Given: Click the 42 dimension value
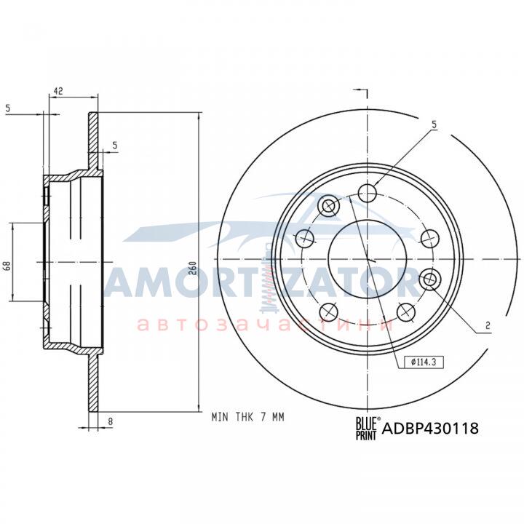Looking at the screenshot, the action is coord(58,91).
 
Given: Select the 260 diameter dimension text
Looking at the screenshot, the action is coord(193,267).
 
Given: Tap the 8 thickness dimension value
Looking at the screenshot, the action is coord(111,421).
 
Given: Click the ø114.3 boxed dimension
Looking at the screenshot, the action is coord(424,362).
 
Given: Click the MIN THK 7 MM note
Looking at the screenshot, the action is coord(247,417).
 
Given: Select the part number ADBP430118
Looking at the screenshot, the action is coord(430,428).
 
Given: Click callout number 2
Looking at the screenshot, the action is coord(488,325).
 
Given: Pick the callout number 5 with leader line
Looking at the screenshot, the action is coord(434,124).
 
